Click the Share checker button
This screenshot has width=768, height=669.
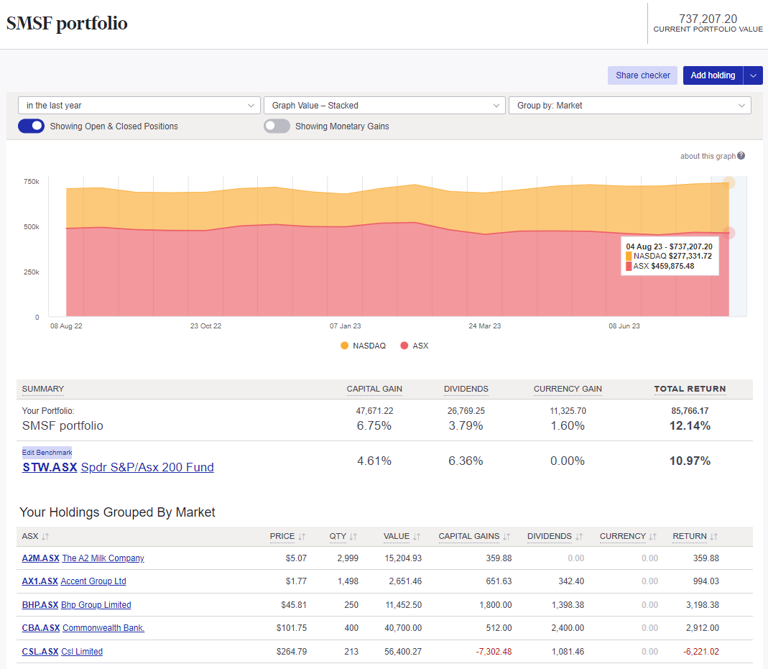click(x=642, y=75)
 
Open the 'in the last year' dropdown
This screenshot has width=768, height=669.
click(x=139, y=106)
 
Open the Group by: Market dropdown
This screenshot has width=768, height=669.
click(x=629, y=106)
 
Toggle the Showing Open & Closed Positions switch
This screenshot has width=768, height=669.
click(x=32, y=126)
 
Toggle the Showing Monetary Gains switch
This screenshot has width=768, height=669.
click(x=277, y=126)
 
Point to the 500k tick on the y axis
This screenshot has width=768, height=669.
click(x=31, y=227)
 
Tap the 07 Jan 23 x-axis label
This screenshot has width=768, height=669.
click(x=345, y=326)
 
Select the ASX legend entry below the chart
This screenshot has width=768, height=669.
click(x=415, y=346)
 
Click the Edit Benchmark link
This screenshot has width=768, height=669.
click(x=47, y=453)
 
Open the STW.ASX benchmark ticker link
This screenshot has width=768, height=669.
click(x=50, y=468)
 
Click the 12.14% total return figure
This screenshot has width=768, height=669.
click(x=690, y=426)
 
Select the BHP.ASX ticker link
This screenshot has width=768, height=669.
click(x=40, y=605)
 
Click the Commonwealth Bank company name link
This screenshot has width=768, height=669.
click(x=103, y=628)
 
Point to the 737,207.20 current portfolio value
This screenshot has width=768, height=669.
click(x=708, y=19)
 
